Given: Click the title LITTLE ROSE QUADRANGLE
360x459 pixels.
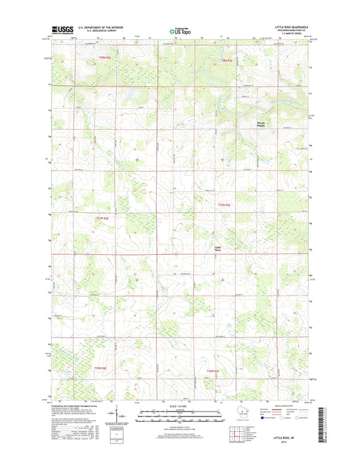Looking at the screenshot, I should click(292, 27).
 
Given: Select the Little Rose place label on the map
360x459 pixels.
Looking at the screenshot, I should click(217, 248).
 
